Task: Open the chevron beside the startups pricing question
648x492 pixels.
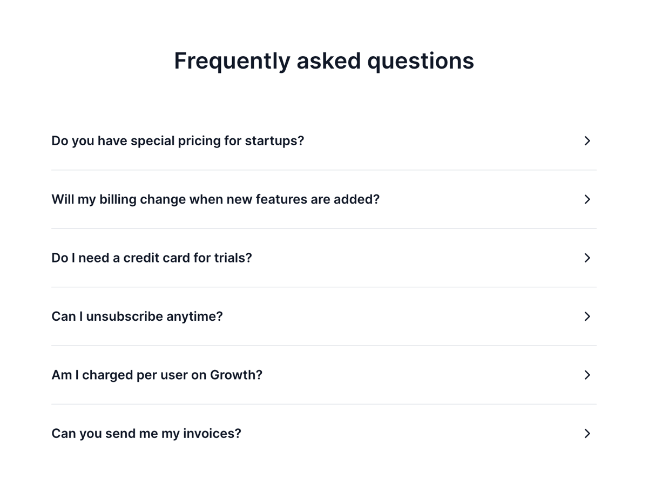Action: [x=588, y=141]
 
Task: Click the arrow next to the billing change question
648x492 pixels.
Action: [x=588, y=199]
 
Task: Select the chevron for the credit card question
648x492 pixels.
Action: [x=588, y=258]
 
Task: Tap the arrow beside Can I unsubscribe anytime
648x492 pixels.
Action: [x=588, y=316]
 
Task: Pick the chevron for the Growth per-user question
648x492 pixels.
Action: [x=588, y=375]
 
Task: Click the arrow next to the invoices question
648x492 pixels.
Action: [x=588, y=434]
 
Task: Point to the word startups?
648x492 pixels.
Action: [x=274, y=141]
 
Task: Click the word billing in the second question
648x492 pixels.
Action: [x=118, y=200]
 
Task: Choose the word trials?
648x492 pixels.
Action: [x=233, y=258]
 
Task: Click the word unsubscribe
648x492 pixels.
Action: [x=124, y=316]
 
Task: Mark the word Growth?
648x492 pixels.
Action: [x=236, y=375]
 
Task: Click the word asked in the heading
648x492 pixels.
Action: [x=328, y=61]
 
